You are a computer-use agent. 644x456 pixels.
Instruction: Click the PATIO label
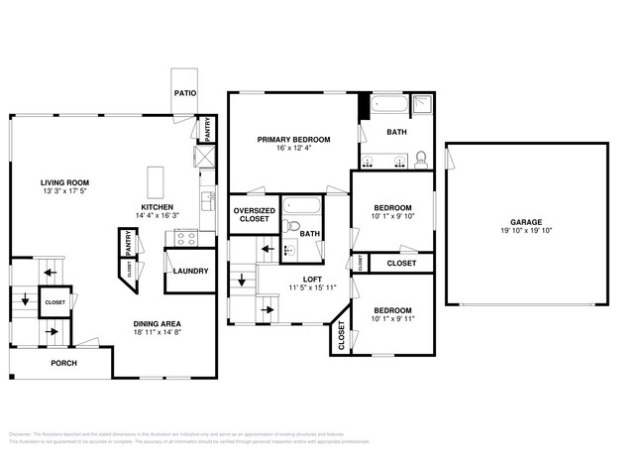click(184, 93)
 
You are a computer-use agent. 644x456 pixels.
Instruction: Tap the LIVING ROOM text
click(64, 182)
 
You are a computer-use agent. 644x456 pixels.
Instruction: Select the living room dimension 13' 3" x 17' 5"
click(64, 191)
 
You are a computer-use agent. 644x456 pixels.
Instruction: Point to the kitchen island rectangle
click(157, 181)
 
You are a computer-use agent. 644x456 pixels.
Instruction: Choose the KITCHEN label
click(158, 207)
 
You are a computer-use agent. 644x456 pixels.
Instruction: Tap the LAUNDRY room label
click(189, 271)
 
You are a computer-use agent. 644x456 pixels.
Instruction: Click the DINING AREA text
click(158, 323)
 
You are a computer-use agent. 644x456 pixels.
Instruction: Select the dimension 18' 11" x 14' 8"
click(158, 333)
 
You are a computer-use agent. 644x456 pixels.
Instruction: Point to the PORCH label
click(63, 363)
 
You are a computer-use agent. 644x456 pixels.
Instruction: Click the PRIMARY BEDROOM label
click(293, 139)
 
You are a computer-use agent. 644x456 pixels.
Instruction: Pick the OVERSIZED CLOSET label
click(254, 214)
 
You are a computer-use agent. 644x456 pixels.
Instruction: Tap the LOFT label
click(311, 279)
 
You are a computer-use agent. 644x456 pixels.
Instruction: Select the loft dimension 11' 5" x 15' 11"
click(311, 287)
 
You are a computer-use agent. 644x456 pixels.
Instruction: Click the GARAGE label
click(525, 223)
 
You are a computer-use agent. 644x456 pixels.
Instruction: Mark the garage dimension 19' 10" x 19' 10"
click(525, 232)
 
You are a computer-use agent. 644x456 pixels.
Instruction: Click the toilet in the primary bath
click(421, 159)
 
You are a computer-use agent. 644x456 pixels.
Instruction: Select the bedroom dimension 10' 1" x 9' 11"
click(392, 319)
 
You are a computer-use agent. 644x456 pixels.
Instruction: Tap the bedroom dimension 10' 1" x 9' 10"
click(392, 216)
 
